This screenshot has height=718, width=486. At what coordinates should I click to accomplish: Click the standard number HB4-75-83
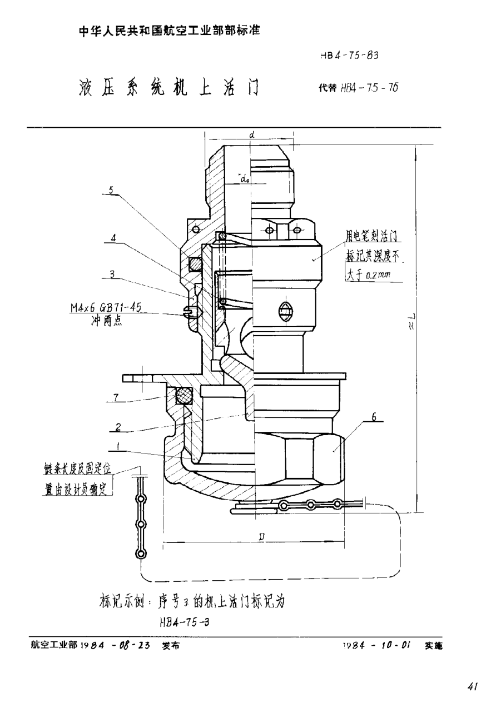click(350, 55)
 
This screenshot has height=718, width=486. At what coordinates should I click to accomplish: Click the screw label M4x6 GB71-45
click(105, 309)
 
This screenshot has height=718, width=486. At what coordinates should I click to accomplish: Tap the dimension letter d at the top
click(252, 134)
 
